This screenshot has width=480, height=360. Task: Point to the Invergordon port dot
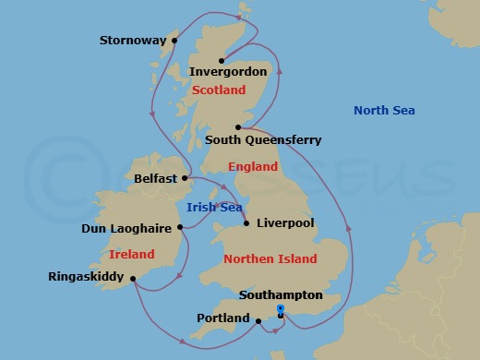(x=222, y=61)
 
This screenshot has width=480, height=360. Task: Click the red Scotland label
(x=219, y=90)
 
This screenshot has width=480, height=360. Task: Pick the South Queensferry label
(x=263, y=140)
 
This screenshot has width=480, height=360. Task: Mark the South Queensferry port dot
(x=238, y=127)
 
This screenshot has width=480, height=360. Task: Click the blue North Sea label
(x=384, y=112)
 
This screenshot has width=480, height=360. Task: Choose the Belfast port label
(x=155, y=178)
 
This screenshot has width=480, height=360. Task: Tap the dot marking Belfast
(x=186, y=177)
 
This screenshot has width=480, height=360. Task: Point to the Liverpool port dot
(x=246, y=222)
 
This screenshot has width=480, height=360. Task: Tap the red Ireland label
(x=131, y=254)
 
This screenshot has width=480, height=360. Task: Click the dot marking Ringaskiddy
(x=134, y=278)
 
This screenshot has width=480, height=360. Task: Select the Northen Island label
(x=270, y=259)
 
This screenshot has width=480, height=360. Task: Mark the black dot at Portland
(x=259, y=321)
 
